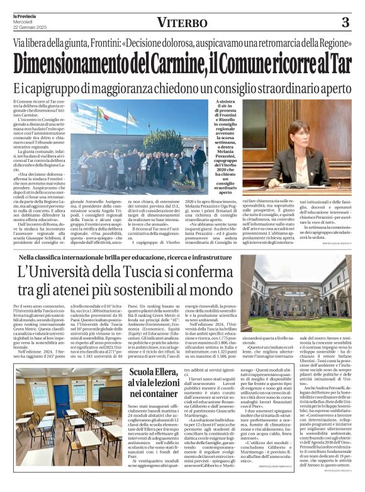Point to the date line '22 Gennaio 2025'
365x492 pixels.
[28, 26]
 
